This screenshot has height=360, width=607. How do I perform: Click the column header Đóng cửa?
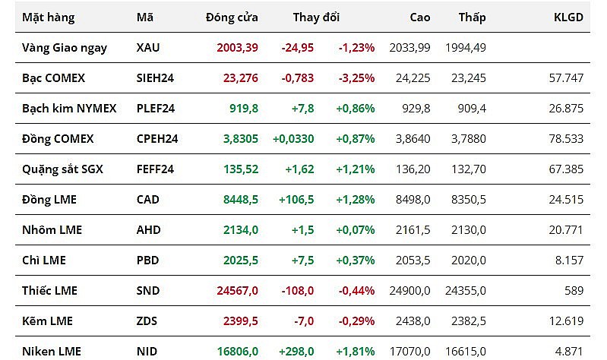[x=232, y=17]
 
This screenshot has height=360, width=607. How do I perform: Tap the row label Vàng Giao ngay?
[x=65, y=47]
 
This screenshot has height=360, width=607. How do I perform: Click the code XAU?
[x=148, y=47]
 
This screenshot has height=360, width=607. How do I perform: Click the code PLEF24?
[x=156, y=108]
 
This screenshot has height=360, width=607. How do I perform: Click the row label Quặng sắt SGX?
[x=62, y=169]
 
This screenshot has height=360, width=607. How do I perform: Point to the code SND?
[x=147, y=290]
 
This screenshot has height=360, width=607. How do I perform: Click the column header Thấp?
[x=473, y=17]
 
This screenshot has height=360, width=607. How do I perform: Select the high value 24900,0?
[x=409, y=290]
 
